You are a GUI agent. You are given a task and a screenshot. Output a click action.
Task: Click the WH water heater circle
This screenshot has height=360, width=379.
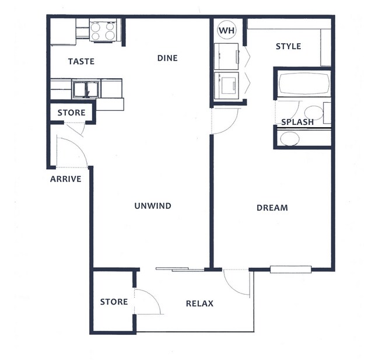click(226, 30)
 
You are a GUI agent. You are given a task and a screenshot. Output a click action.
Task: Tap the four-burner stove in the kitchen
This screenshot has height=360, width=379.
click(104, 31)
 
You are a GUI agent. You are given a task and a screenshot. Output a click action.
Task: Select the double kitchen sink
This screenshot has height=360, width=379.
click(85, 89)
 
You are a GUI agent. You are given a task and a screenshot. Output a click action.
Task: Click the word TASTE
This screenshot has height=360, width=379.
click(81, 61)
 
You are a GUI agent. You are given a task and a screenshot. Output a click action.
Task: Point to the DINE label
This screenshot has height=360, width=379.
click(167, 58)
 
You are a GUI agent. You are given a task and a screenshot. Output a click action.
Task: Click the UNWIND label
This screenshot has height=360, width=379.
click(152, 205)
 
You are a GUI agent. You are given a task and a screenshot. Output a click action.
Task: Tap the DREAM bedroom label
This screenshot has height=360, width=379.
click(272, 208)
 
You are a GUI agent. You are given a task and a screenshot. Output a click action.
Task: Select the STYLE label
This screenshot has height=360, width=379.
click(288, 46)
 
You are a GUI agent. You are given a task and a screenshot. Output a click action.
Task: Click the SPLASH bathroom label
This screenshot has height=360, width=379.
click(297, 122)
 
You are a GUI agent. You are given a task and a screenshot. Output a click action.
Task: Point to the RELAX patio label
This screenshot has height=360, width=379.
click(199, 303)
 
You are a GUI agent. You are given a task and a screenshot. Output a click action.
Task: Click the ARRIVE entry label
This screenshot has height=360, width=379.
click(65, 179)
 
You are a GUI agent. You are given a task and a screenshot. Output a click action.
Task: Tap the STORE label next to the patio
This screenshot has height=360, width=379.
click(114, 302)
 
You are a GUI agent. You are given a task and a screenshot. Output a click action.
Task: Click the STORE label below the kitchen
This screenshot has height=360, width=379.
click(71, 113)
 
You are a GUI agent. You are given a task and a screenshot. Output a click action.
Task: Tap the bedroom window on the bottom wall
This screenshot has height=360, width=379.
click(291, 269)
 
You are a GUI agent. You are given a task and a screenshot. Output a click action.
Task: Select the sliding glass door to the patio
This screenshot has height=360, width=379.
click(180, 269)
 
